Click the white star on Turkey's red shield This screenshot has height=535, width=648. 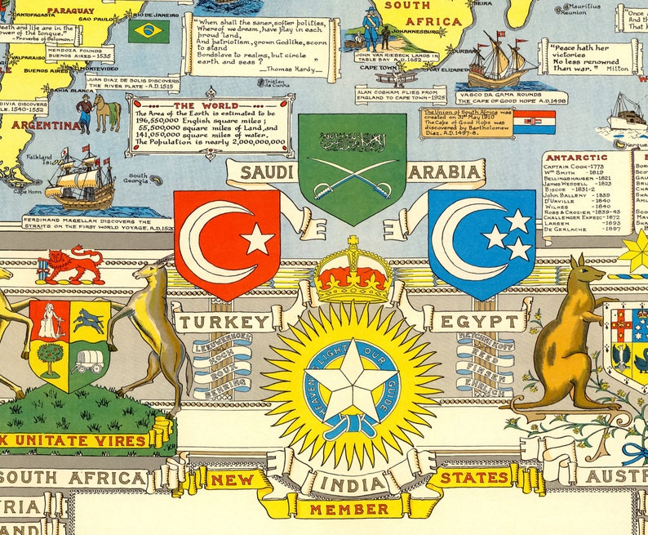(256, 239)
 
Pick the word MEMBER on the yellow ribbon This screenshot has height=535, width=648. (353, 509)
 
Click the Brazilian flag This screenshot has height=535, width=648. (149, 31)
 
